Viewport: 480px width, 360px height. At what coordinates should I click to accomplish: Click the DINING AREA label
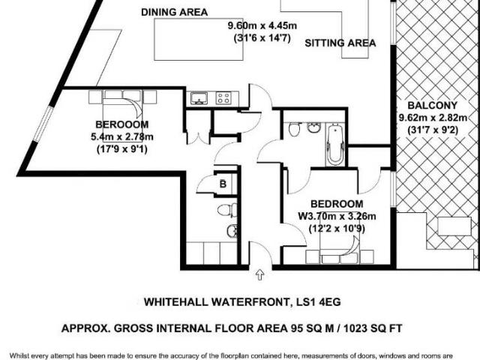tap(175, 12)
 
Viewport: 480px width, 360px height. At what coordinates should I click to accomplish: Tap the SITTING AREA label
tap(340, 43)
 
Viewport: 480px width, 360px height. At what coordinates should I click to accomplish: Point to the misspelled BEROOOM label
tap(121, 124)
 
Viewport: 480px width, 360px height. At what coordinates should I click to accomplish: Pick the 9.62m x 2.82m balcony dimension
tap(432, 117)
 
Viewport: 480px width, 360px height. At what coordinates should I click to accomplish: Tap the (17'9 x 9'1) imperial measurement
tap(121, 148)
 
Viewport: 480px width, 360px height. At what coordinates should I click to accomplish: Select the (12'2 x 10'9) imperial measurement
tap(337, 229)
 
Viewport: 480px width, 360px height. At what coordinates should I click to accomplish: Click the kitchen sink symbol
tap(199, 97)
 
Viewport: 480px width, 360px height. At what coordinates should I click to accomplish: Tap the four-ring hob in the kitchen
tap(223, 97)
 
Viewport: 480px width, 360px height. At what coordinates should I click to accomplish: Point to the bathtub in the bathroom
tap(335, 144)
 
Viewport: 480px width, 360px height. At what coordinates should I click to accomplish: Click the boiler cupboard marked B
tap(223, 183)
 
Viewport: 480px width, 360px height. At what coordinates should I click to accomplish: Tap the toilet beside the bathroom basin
tap(295, 130)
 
